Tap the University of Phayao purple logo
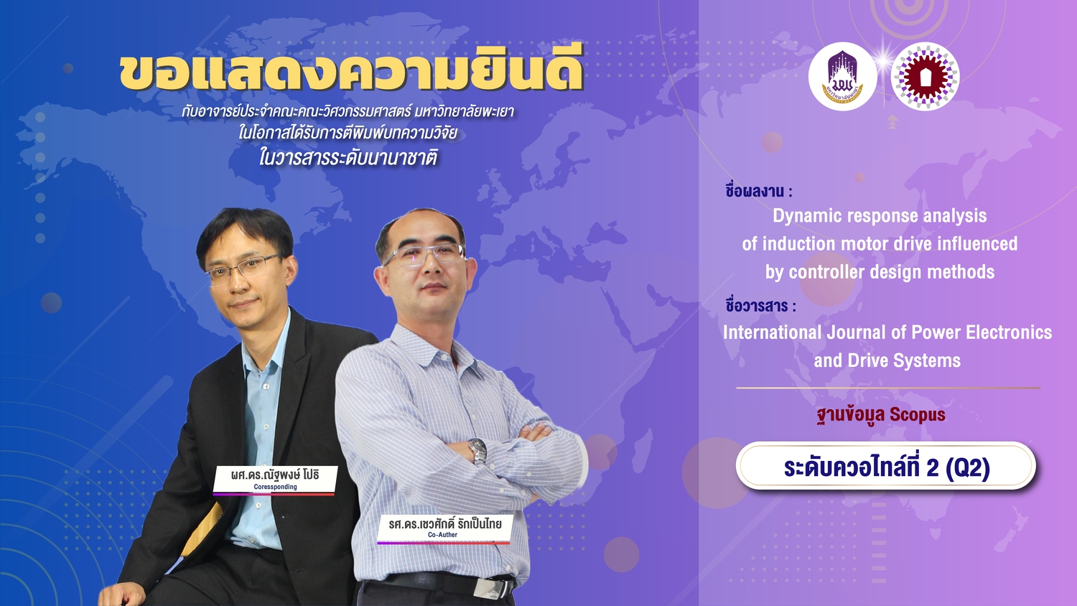[x=842, y=77]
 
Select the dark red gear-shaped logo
[x=925, y=77]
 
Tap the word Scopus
[x=918, y=414]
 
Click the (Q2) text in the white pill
[x=967, y=467]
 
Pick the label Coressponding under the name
[x=276, y=487]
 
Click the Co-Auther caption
[x=442, y=535]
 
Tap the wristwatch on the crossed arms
[x=477, y=451]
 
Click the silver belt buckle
[x=493, y=588]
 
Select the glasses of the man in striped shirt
[x=423, y=254]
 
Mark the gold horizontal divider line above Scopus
[x=888, y=388]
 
